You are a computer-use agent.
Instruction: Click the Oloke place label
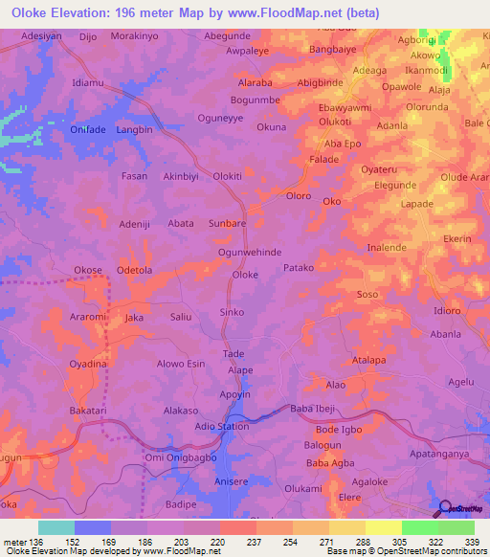[246, 275]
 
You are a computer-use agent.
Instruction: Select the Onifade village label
[88, 128]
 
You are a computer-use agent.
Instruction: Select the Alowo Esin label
[182, 364]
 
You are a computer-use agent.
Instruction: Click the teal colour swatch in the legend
[56, 527]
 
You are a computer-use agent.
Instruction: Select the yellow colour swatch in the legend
[383, 527]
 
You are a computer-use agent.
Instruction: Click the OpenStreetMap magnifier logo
[446, 507]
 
